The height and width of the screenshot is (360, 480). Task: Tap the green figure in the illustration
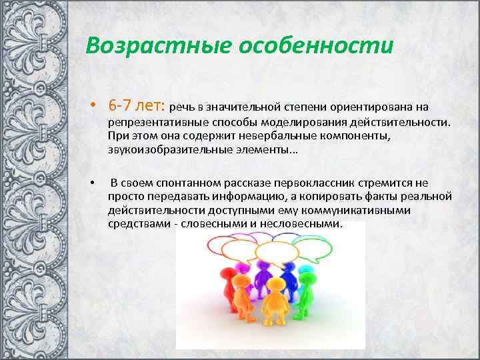pyautogui.click(x=306, y=290)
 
